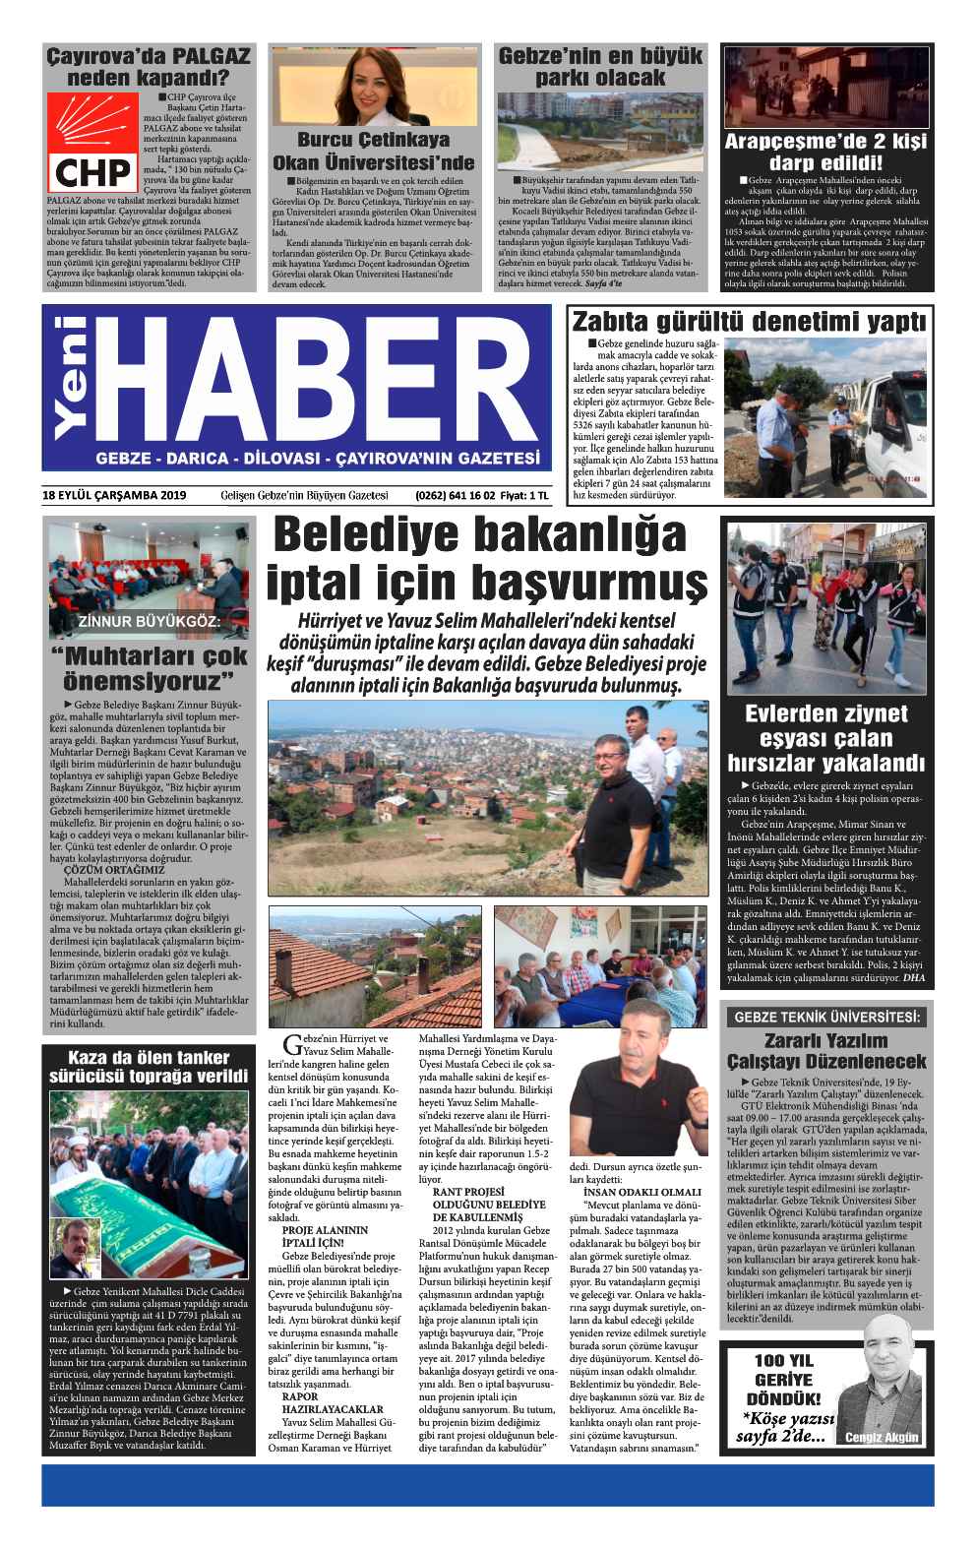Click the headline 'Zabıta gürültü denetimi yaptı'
coord(749,321)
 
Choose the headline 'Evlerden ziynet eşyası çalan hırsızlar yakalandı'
coord(824,738)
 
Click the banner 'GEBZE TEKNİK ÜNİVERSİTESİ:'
coord(824,1017)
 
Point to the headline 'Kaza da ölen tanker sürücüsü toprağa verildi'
coord(152,1066)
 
